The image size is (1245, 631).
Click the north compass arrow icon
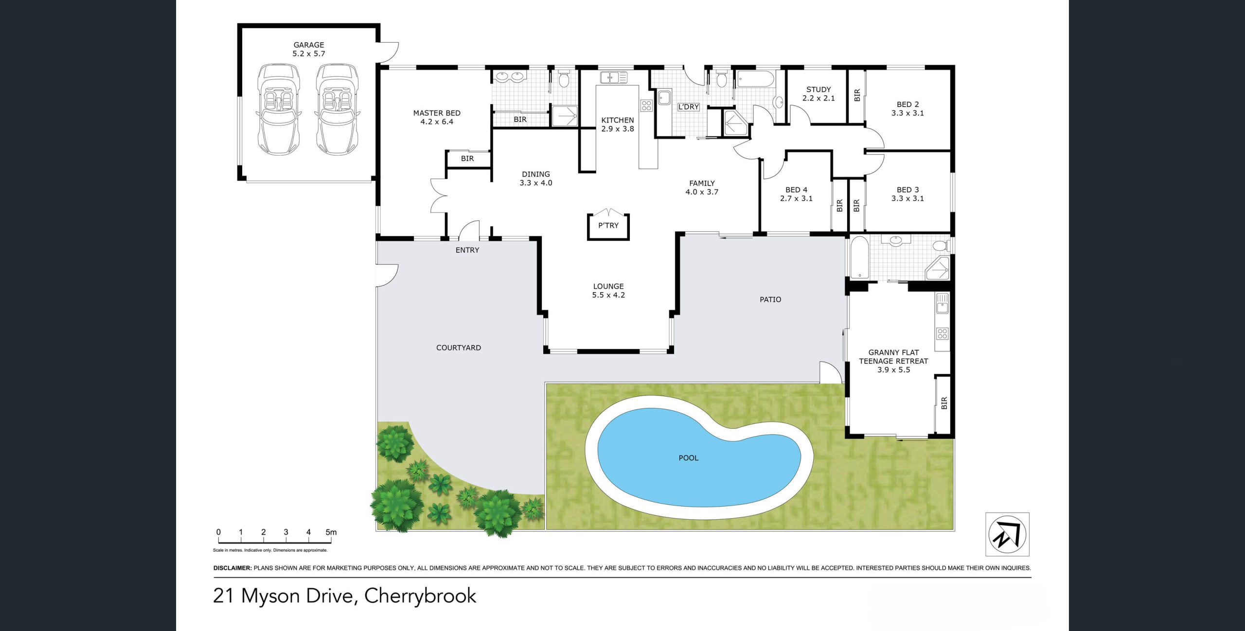[x=1007, y=534]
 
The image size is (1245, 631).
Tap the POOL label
[x=688, y=458]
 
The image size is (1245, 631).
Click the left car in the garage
[x=279, y=109]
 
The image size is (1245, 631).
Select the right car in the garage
[x=337, y=109]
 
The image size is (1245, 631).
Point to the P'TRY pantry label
[x=608, y=226]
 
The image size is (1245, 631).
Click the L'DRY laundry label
[x=688, y=107]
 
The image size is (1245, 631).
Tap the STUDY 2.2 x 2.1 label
[x=818, y=94]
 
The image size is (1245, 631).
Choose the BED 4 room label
[x=796, y=190]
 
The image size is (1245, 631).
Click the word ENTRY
[x=467, y=250]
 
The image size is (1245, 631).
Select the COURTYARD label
[x=459, y=348]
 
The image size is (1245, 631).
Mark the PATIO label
[x=770, y=299]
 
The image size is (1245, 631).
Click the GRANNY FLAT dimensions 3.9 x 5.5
[x=893, y=370]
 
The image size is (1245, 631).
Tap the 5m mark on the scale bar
[x=331, y=532]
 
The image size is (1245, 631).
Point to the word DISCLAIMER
[x=232, y=568]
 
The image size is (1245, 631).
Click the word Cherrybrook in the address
[x=420, y=596]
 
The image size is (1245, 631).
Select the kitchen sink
[x=613, y=77]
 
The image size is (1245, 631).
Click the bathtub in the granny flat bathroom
[x=859, y=258]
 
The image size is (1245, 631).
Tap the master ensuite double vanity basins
[x=511, y=76]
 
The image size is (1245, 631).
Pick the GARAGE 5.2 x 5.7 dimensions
[x=309, y=54]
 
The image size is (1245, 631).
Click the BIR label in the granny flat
[x=944, y=403]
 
